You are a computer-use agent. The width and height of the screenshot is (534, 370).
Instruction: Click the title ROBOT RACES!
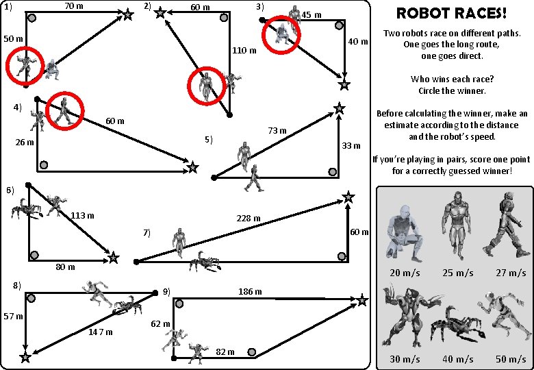click(452, 13)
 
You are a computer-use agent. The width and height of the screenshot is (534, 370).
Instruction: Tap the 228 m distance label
click(248, 219)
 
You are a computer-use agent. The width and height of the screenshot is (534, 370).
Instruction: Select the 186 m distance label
click(249, 291)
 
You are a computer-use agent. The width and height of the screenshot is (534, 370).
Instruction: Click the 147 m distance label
click(101, 332)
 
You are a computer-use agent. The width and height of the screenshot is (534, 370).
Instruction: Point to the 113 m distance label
click(82, 216)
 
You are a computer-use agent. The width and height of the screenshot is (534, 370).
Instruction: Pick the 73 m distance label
click(277, 130)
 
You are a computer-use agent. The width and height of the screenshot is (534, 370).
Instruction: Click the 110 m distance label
click(244, 50)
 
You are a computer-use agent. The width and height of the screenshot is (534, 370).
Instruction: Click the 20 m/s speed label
click(405, 273)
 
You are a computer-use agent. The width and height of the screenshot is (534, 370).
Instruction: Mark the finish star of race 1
click(128, 14)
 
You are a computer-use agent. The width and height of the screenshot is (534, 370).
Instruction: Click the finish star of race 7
click(348, 197)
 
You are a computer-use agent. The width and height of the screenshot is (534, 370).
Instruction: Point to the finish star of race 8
click(25, 357)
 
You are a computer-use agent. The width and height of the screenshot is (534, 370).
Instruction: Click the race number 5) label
click(209, 140)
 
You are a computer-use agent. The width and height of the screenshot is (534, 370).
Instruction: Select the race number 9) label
click(166, 291)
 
